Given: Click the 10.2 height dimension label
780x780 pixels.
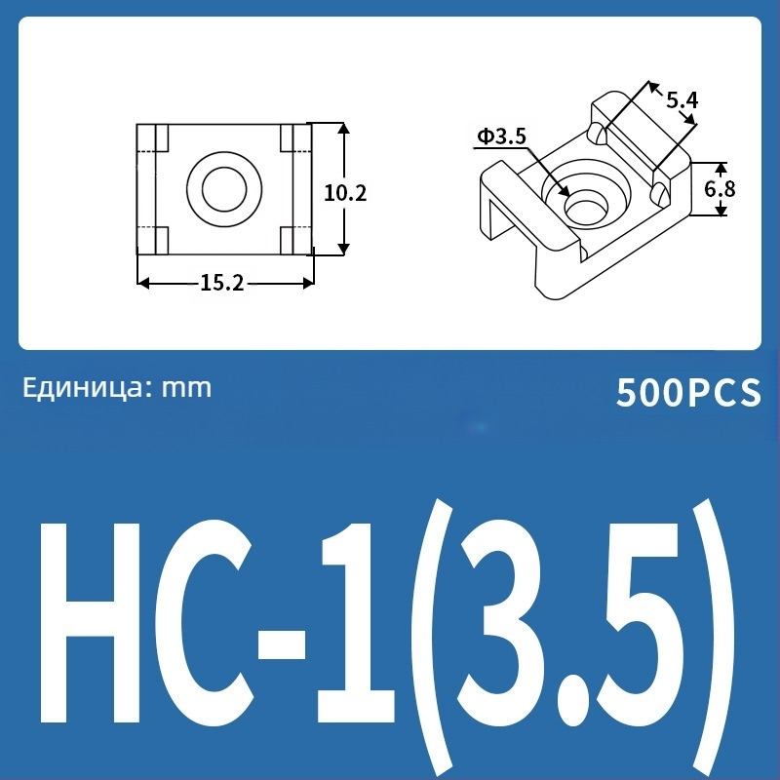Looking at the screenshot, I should [345, 193].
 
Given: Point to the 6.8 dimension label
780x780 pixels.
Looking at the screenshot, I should [720, 188].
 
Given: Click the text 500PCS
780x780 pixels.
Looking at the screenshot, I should [687, 393].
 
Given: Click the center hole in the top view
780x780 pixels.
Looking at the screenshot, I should [224, 186].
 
